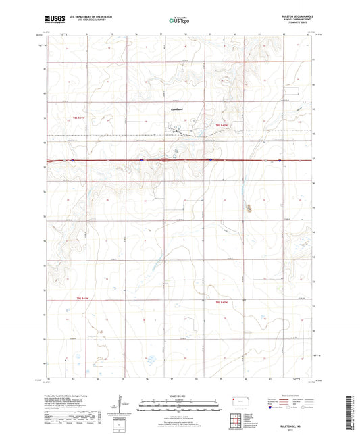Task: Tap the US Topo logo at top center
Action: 179,21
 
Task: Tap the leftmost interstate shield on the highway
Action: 70,160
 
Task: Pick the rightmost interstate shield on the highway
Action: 279,160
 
